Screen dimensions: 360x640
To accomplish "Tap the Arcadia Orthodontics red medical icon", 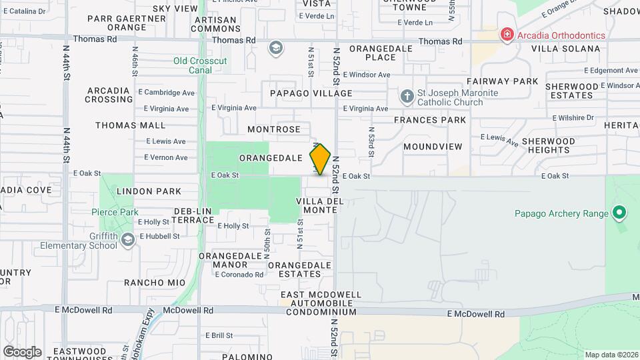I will click(507, 35).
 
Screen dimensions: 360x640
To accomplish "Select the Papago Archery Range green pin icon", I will click(619, 213).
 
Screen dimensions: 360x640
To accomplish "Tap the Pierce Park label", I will click(115, 212).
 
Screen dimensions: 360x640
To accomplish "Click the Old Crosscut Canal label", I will click(200, 65).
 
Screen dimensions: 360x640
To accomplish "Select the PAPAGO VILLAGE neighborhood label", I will click(311, 93).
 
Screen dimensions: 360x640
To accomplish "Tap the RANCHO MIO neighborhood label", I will click(155, 283).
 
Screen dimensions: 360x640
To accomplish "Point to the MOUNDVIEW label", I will click(433, 146).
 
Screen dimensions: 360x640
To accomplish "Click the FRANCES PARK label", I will click(430, 120).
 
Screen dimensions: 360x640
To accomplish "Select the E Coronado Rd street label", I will click(238, 275).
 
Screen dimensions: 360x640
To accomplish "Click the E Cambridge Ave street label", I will click(166, 93).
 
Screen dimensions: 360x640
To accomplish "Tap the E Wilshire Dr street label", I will click(573, 117).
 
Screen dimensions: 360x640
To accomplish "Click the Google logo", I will click(21, 352).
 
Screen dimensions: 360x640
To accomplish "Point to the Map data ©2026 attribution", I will click(611, 355).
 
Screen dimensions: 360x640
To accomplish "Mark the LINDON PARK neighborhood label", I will click(149, 191).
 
